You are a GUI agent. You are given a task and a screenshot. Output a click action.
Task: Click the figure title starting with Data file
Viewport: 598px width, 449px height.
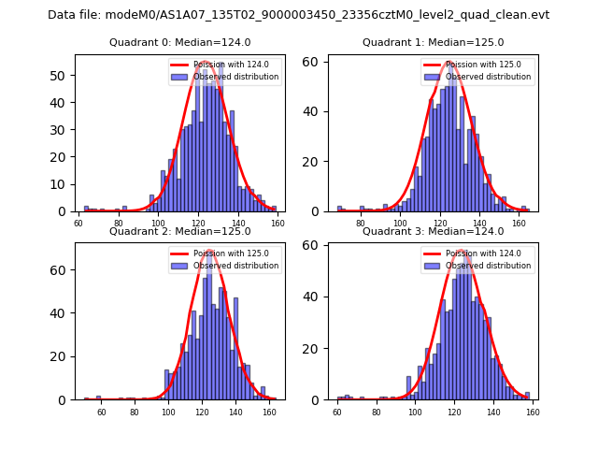298,15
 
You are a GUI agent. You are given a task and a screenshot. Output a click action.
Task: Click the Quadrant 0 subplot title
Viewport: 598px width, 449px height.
180,42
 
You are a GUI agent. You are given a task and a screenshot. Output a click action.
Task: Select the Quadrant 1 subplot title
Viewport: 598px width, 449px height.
433,42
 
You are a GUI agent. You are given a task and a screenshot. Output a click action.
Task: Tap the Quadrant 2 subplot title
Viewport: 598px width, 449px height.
180,231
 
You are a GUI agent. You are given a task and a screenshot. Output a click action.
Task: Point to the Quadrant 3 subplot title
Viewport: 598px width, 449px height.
433,231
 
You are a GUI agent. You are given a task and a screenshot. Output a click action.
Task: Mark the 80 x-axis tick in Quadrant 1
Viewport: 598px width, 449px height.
361,223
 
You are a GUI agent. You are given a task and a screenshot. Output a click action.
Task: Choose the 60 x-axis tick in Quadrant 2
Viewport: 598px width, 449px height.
100,412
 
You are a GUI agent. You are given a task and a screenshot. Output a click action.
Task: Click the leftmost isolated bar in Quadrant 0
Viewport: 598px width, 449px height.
86,209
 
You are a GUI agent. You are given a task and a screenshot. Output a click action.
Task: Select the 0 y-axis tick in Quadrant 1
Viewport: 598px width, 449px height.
319,211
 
